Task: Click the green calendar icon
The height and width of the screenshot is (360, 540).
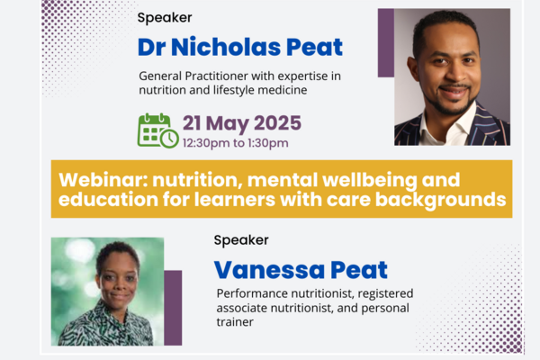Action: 157,130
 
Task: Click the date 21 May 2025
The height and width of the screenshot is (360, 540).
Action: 242,122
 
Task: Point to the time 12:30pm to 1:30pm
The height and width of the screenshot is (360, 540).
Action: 235,143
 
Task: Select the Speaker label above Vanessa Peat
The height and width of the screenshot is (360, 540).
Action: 240,240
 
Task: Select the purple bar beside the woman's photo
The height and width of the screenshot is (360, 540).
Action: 173,307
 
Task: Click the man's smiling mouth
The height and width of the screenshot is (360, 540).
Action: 454,90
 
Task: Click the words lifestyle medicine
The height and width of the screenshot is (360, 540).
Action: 254,92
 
